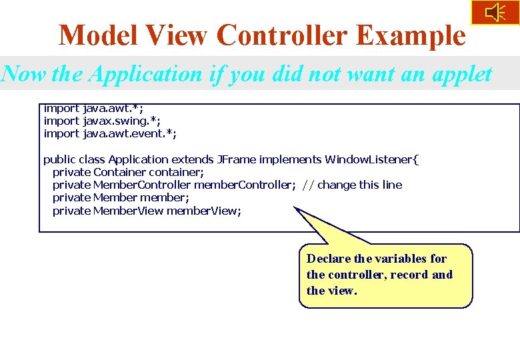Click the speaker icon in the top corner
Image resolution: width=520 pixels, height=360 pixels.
pyautogui.click(x=495, y=13)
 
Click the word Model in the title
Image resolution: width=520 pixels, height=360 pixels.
pyautogui.click(x=100, y=35)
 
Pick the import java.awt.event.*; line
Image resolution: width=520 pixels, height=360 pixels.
pyautogui.click(x=110, y=133)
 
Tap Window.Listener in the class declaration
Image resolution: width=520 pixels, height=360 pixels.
pyautogui.click(x=371, y=159)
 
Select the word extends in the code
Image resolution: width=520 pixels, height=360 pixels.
pyautogui.click(x=193, y=159)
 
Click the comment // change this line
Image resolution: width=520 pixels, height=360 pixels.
pyautogui.click(x=352, y=185)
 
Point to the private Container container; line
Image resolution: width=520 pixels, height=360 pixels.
pyautogui.click(x=128, y=172)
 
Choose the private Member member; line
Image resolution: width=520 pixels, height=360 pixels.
pyautogui.click(x=121, y=197)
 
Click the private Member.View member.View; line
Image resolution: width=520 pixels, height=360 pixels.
pyautogui.click(x=147, y=211)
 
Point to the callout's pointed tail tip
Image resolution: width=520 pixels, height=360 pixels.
pyautogui.click(x=295, y=209)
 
